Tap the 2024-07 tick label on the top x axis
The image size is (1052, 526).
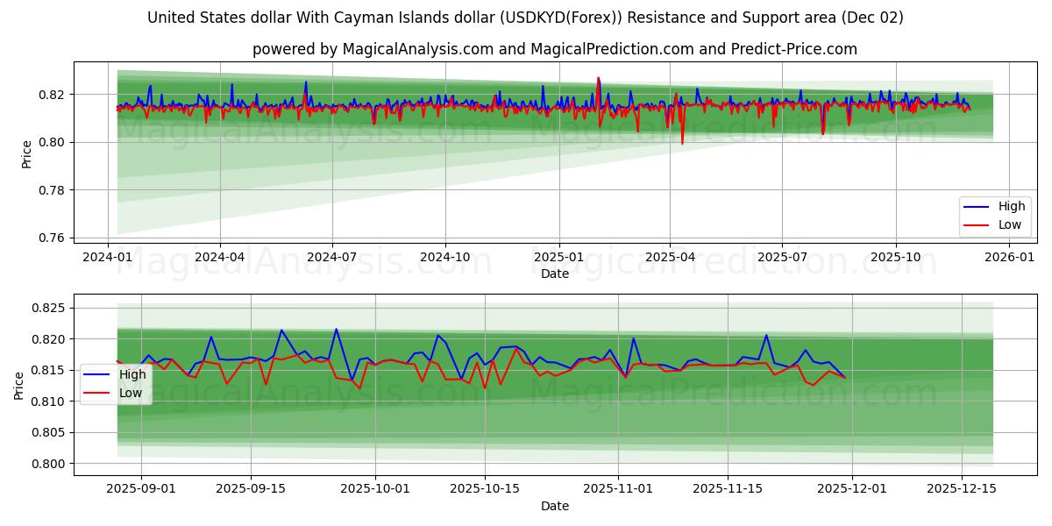(331, 256)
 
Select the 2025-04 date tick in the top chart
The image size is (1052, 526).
(670, 256)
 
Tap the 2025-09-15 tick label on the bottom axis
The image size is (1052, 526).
(251, 488)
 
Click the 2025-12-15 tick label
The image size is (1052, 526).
(962, 488)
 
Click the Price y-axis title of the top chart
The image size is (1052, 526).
(26, 153)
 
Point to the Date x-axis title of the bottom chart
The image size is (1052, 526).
(554, 506)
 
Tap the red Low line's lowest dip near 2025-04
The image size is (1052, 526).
(682, 143)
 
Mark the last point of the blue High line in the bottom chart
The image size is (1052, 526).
(845, 377)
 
